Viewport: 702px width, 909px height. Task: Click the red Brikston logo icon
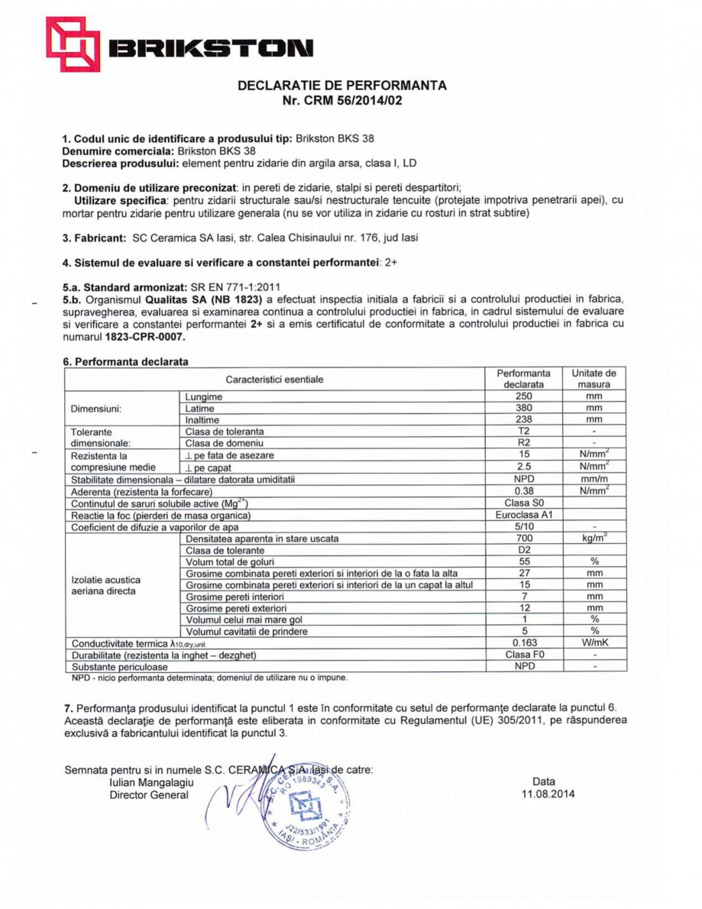coord(73,44)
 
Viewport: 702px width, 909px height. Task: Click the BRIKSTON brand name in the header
coord(209,50)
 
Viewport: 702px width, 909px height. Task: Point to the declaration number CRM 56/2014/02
coord(352,100)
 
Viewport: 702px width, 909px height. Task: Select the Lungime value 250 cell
coord(523,396)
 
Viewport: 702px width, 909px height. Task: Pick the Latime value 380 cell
coord(523,408)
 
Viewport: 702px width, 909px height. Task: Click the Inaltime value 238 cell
coord(523,419)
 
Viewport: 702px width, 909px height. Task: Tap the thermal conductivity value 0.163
coord(523,642)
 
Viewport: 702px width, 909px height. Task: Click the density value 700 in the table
coord(523,538)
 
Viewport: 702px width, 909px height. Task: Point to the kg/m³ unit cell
coord(594,538)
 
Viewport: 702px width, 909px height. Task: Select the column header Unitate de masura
coord(594,379)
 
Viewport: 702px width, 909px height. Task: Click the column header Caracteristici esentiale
coord(274,379)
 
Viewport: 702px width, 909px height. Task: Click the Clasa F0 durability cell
coord(523,655)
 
